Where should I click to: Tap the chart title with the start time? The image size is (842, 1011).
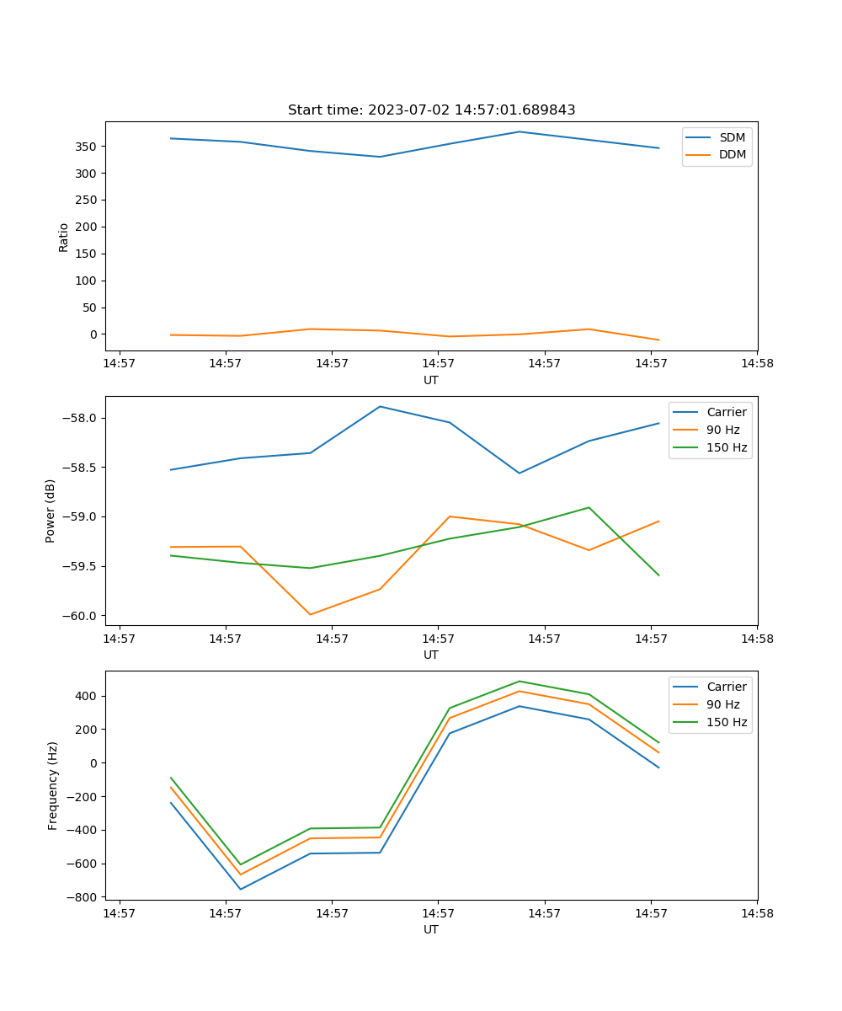pyautogui.click(x=431, y=110)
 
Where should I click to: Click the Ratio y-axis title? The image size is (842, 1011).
pyautogui.click(x=64, y=237)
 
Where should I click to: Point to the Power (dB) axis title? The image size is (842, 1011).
pyautogui.click(x=51, y=511)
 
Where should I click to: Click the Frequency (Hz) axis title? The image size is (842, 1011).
pyautogui.click(x=53, y=785)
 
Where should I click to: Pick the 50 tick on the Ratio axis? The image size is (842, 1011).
pyautogui.click(x=88, y=308)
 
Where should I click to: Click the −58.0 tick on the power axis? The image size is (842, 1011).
pyautogui.click(x=81, y=419)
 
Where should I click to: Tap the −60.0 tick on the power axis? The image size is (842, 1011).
pyautogui.click(x=81, y=616)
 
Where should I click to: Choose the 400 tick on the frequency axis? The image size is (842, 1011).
pyautogui.click(x=85, y=696)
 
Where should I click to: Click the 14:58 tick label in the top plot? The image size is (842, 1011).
pyautogui.click(x=756, y=364)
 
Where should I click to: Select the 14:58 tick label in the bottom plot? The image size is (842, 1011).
pyautogui.click(x=756, y=913)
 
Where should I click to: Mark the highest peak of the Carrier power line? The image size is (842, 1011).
pyautogui.click(x=380, y=406)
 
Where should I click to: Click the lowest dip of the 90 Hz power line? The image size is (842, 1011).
pyautogui.click(x=310, y=614)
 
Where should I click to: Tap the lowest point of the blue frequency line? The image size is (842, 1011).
pyautogui.click(x=241, y=889)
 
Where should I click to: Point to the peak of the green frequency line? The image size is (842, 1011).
pyautogui.click(x=519, y=681)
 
